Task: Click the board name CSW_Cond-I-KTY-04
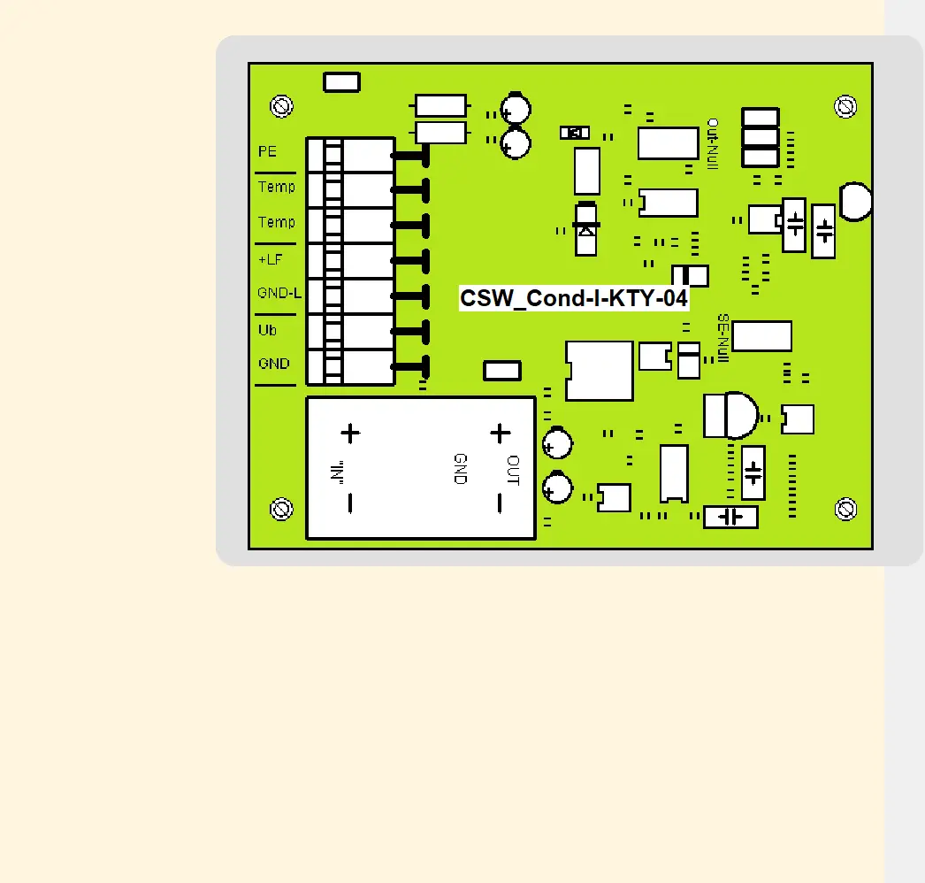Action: pyautogui.click(x=573, y=298)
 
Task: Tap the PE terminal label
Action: pyautogui.click(x=267, y=151)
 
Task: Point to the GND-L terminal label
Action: pyautogui.click(x=279, y=293)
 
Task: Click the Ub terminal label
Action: pyautogui.click(x=267, y=330)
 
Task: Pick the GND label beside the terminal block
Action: pyautogui.click(x=273, y=364)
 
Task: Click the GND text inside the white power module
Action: pyautogui.click(x=460, y=468)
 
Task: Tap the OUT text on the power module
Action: pyautogui.click(x=513, y=471)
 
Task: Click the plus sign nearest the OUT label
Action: pyautogui.click(x=501, y=433)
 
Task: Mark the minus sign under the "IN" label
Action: pyautogui.click(x=350, y=503)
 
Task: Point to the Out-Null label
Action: pyautogui.click(x=713, y=142)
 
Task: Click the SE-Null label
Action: pyautogui.click(x=722, y=338)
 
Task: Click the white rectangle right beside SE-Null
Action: pyautogui.click(x=761, y=336)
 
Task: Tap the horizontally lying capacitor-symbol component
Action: pyautogui.click(x=730, y=517)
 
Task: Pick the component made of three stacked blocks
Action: pyautogui.click(x=760, y=137)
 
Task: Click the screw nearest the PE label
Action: pyautogui.click(x=282, y=106)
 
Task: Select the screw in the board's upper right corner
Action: pyautogui.click(x=845, y=106)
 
